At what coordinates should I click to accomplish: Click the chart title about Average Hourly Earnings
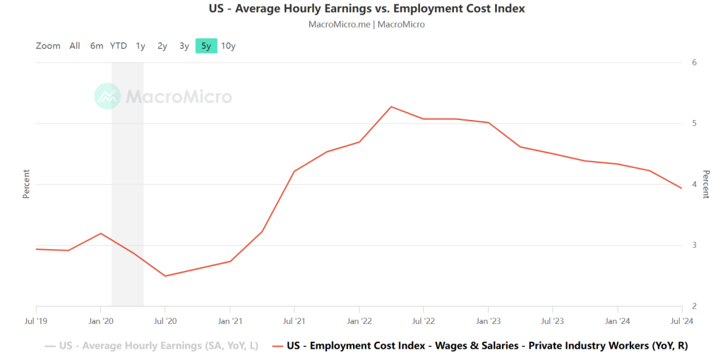point(366,9)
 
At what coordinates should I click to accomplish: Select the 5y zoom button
point(206,46)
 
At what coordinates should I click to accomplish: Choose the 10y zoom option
point(228,46)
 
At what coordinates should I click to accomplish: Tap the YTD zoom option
point(119,46)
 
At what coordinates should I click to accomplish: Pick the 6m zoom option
point(97,46)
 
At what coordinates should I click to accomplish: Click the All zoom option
point(75,46)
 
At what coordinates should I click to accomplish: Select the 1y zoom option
point(141,46)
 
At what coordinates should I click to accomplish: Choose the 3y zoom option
point(184,46)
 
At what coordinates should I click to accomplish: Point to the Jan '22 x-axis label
point(359,320)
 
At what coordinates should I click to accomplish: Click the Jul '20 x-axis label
point(165,320)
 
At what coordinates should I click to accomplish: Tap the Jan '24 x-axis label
point(618,320)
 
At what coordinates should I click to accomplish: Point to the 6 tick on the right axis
point(694,62)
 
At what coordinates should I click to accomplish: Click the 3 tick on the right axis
point(694,245)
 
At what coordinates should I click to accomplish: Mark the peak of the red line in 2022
point(391,107)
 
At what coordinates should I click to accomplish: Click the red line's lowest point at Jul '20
point(165,276)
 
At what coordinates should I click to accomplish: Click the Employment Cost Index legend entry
point(480,346)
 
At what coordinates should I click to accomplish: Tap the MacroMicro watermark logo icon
point(107,96)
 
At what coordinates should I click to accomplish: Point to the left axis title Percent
point(26,184)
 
